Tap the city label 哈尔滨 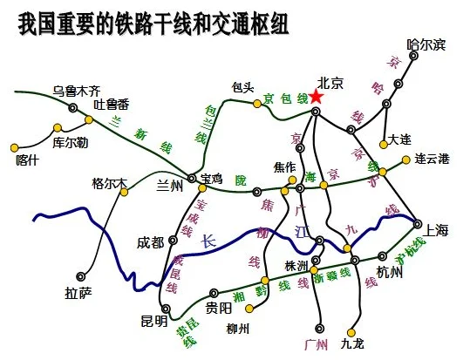[426, 44]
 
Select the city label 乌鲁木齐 [77, 90]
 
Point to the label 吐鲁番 [112, 105]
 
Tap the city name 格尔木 [109, 184]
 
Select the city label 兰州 [169, 186]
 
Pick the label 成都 [151, 242]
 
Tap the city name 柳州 [237, 329]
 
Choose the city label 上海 [436, 230]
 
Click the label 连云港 [433, 159]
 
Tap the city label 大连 [400, 139]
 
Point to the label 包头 [242, 87]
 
